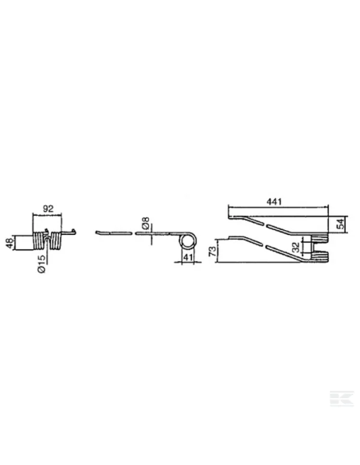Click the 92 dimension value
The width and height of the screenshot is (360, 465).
[x=48, y=209]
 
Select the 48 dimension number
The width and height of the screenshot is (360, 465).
[x=10, y=243]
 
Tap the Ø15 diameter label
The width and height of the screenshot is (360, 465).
[x=41, y=264]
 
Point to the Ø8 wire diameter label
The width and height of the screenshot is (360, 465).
[x=146, y=223]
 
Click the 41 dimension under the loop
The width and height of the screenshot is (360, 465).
[x=188, y=257]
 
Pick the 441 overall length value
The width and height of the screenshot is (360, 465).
[x=274, y=201]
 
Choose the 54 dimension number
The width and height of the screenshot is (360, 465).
[x=342, y=223]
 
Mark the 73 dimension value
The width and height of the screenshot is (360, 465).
[x=213, y=252]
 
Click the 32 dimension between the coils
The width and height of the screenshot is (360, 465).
[x=295, y=247]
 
